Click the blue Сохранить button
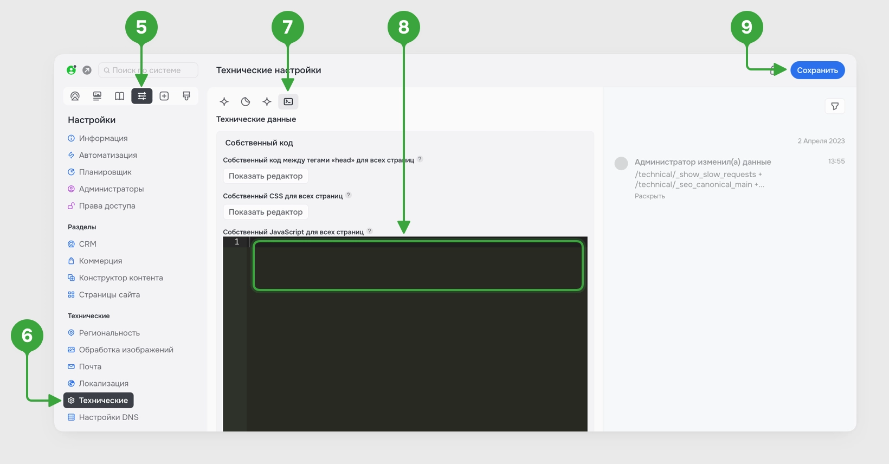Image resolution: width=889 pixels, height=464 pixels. pyautogui.click(x=817, y=70)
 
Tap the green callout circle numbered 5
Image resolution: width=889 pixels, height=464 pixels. pyautogui.click(x=141, y=27)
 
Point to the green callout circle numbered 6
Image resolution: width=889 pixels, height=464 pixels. pyautogui.click(x=27, y=336)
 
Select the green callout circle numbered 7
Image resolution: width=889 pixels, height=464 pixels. pyautogui.click(x=288, y=27)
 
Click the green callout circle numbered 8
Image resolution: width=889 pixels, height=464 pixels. pyautogui.click(x=404, y=27)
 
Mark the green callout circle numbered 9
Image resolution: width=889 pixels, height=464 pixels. pyautogui.click(x=746, y=27)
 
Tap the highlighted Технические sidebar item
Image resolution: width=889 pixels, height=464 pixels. pyautogui.click(x=99, y=400)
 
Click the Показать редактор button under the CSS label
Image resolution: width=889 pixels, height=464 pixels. pyautogui.click(x=266, y=212)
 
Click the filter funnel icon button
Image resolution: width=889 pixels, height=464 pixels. pyautogui.click(x=835, y=106)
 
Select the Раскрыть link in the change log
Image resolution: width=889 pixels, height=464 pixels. pyautogui.click(x=650, y=196)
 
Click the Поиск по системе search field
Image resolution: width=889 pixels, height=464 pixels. pyautogui.click(x=148, y=70)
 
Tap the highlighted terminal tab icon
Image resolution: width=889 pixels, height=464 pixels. pyautogui.click(x=288, y=101)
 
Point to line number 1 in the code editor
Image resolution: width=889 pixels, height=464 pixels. pyautogui.click(x=237, y=242)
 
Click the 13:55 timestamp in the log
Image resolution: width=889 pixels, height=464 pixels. pyautogui.click(x=836, y=161)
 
